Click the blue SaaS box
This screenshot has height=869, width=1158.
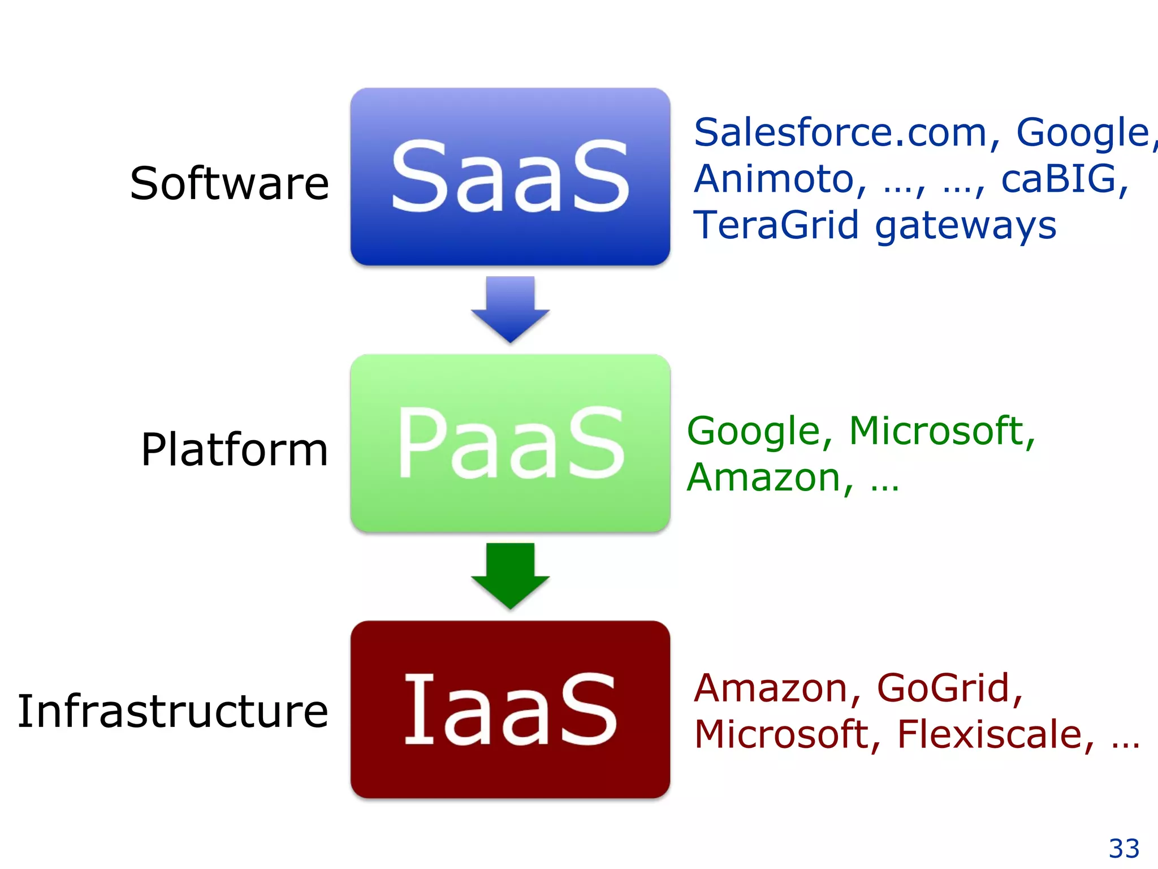pos(510,177)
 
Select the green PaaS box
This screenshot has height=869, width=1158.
pos(510,443)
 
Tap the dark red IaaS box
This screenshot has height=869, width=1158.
pos(510,709)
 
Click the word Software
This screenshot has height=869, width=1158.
pos(229,183)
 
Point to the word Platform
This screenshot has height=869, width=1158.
pos(234,450)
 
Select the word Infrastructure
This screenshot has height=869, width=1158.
pos(172,711)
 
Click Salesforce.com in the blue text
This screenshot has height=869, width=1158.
pos(840,132)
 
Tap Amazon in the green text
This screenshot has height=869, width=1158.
pos(763,478)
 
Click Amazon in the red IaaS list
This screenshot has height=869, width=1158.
pos(770,689)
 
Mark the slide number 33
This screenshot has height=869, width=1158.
pos(1124,848)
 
